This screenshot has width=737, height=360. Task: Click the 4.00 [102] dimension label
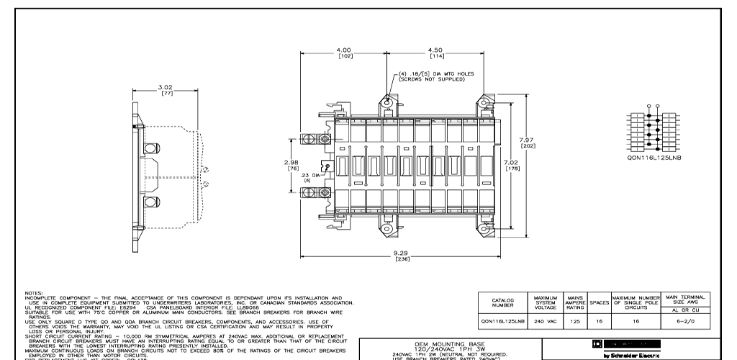pos(344,53)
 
